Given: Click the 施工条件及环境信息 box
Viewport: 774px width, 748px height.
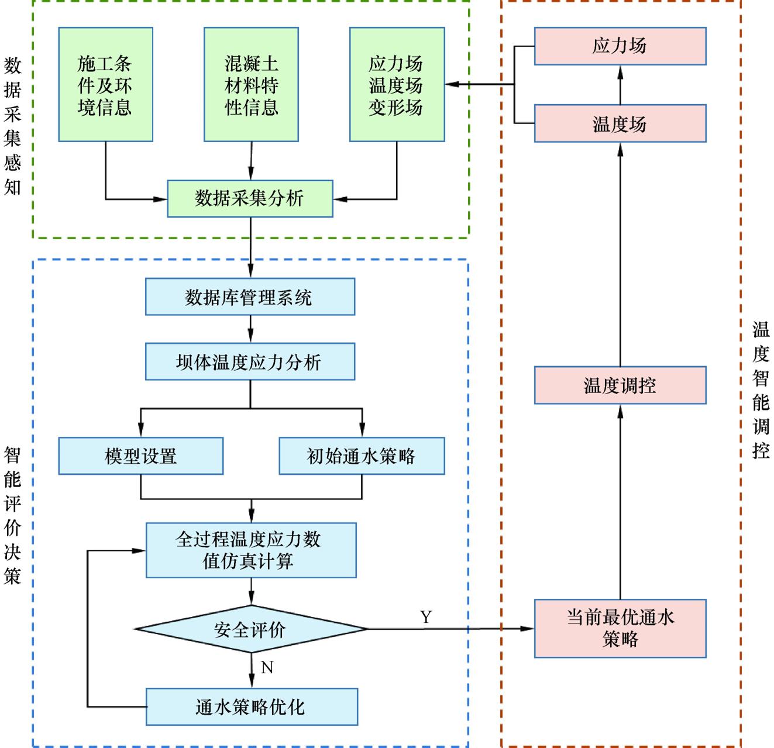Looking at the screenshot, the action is click(105, 85).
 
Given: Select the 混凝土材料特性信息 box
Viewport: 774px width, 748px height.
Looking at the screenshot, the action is click(251, 85).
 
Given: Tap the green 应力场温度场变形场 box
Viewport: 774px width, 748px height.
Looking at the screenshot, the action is click(397, 85).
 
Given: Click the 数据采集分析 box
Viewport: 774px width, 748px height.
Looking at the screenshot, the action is click(250, 199).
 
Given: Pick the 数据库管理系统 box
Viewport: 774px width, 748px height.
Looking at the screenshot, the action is click(250, 297).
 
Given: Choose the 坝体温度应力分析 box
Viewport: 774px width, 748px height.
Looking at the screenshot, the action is click(250, 362).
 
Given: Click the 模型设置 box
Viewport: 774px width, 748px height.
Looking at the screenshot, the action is click(140, 456).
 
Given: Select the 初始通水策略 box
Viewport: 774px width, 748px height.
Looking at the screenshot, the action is click(362, 456).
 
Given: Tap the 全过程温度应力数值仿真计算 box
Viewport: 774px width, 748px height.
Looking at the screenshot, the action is click(251, 550).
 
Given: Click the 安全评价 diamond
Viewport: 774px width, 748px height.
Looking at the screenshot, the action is click(251, 629).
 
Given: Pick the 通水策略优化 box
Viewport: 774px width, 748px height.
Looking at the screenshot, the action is click(252, 706).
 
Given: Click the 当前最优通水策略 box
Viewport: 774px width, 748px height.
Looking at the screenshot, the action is click(620, 628).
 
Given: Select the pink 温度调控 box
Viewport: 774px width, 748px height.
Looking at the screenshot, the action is click(620, 385).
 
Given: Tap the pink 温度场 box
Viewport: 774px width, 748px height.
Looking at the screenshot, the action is click(620, 123).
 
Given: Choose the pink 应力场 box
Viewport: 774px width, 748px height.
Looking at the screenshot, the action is click(620, 46).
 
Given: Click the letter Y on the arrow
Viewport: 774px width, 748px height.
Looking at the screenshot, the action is click(426, 617).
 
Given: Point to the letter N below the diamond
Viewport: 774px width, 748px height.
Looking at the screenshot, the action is click(267, 667).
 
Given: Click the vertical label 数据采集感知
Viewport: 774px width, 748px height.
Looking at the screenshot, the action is click(12, 126).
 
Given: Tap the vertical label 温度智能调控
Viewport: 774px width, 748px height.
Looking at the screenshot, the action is click(761, 390).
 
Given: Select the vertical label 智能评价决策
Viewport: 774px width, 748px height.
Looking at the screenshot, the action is click(12, 515).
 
